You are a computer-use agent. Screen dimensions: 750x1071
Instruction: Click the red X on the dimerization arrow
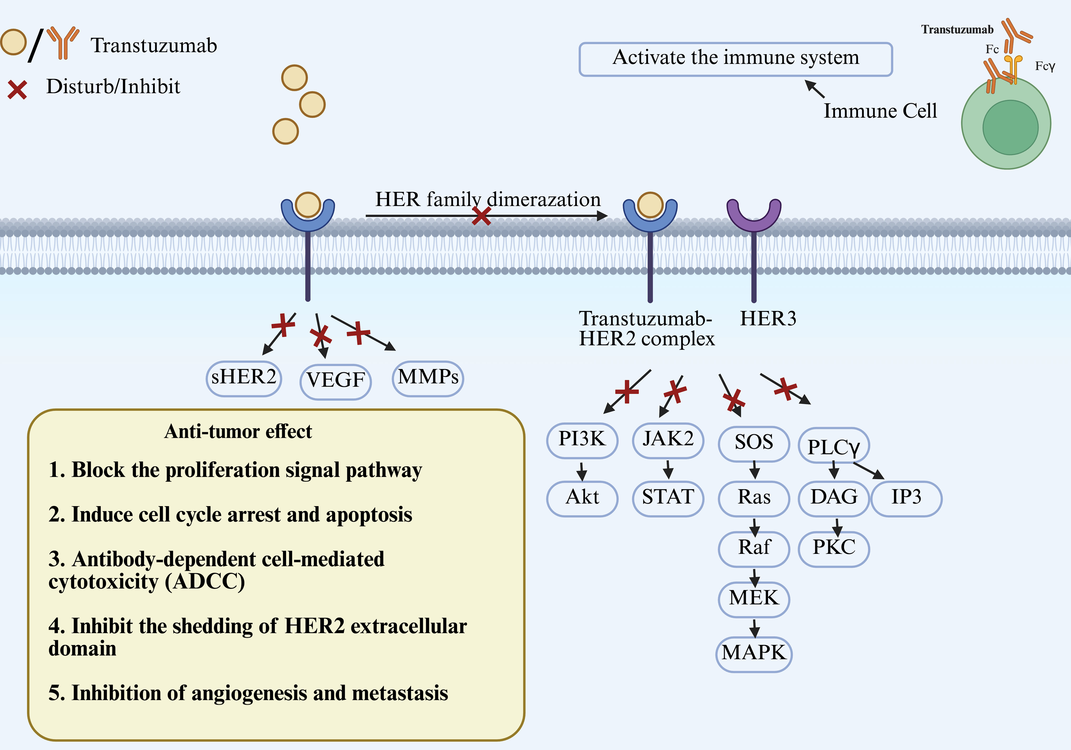pyautogui.click(x=481, y=216)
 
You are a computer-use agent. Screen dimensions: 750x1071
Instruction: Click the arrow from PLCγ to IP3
pyautogui.click(x=868, y=470)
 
